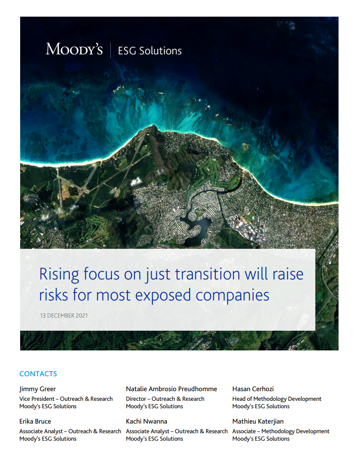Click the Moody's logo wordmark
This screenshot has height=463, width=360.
74,49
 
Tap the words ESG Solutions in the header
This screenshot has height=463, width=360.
150,51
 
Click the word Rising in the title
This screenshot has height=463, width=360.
60,275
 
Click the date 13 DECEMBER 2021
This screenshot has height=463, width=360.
64,315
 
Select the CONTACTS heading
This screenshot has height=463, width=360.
38,374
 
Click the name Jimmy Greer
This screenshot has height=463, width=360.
38,389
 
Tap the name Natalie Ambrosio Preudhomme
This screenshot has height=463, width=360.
171,389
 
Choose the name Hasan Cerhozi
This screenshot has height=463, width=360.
253,389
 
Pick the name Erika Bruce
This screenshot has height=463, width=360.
35,421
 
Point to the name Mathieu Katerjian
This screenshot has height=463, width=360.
258,421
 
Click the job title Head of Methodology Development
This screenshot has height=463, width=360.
277,399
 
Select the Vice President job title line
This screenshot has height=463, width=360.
66,399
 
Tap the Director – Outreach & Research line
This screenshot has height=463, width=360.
165,399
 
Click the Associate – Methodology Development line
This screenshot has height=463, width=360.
281,431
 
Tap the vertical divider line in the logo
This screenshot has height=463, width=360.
110,49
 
